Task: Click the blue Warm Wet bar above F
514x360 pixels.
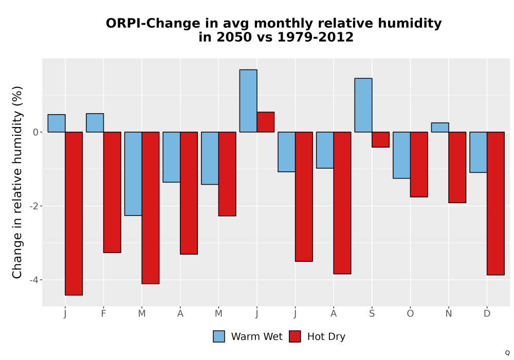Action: [x=95, y=123]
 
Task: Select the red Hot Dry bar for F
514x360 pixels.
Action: [x=112, y=192]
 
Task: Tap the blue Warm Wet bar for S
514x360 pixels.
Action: [x=363, y=105]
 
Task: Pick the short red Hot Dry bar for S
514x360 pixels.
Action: [x=380, y=140]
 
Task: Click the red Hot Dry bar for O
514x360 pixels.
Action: [x=419, y=165]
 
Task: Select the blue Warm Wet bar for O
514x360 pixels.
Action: [x=401, y=155]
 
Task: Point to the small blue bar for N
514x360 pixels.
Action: [x=440, y=128]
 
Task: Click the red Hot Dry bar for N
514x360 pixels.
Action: [x=457, y=167]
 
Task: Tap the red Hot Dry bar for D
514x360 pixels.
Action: [x=495, y=203]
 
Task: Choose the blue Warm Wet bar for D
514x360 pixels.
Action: [x=478, y=152]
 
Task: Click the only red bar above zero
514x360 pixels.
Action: [x=266, y=122]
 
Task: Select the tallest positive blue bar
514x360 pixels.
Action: [x=248, y=101]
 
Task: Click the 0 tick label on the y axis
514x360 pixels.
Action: [x=36, y=133]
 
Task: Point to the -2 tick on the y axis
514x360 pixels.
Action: [x=34, y=206]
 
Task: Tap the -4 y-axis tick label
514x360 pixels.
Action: [x=34, y=280]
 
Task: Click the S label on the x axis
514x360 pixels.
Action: [x=372, y=314]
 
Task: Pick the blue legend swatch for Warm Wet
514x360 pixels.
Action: [x=219, y=336]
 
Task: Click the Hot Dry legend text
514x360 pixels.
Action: [x=326, y=337]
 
